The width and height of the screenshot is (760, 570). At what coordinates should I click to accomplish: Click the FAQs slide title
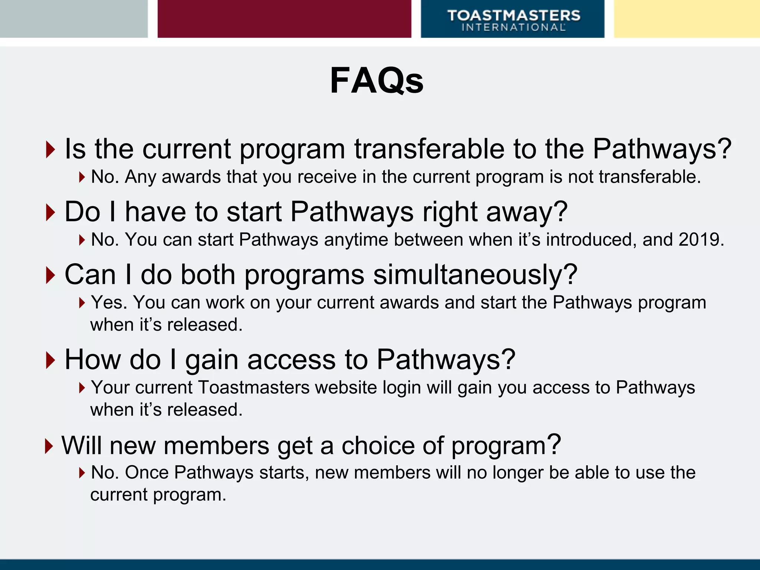click(x=376, y=81)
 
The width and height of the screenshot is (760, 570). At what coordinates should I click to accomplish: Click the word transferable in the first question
click(x=429, y=149)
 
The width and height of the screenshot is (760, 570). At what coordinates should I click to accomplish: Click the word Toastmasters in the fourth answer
click(x=254, y=387)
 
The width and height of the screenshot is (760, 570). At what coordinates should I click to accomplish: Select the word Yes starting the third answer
click(x=109, y=302)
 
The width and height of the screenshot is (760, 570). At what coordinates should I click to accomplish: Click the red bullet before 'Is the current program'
click(x=50, y=150)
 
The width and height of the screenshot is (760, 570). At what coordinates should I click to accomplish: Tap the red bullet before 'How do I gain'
click(x=50, y=360)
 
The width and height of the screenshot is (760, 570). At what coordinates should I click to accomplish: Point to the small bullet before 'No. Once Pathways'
click(x=82, y=473)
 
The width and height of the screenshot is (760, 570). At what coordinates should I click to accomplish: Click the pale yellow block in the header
click(x=687, y=19)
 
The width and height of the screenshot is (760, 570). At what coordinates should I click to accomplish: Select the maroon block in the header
click(x=284, y=19)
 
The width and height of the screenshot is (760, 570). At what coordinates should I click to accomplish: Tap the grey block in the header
click(x=73, y=19)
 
